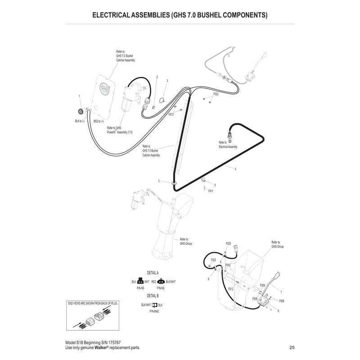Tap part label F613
[171, 115]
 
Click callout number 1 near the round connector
[79, 97]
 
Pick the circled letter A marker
[223, 77]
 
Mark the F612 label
[230, 288]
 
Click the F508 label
[282, 301]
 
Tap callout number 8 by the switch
[279, 311]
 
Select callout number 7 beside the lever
[280, 292]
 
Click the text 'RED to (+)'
[99, 121]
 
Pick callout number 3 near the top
[167, 81]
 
